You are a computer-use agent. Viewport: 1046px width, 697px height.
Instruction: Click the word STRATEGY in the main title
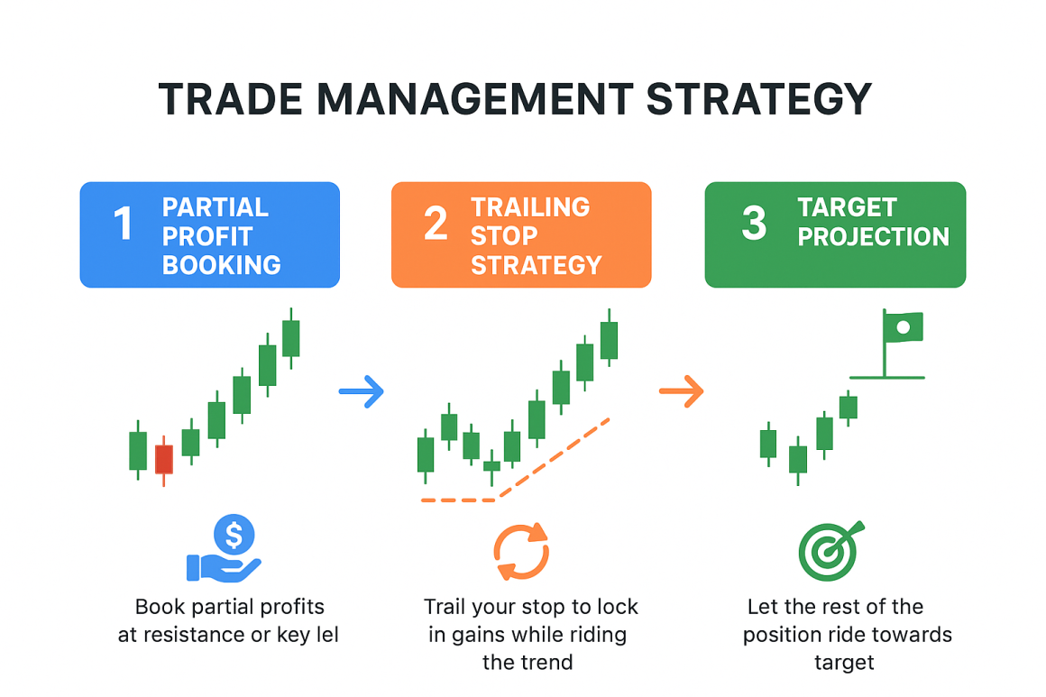[x=759, y=99]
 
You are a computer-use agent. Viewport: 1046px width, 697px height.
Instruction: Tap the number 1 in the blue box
[x=123, y=224]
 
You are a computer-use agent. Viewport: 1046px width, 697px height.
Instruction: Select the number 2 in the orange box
[x=436, y=224]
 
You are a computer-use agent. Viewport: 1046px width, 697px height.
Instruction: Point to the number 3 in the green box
[x=752, y=224]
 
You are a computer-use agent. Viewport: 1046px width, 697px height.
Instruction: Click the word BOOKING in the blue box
[x=221, y=265]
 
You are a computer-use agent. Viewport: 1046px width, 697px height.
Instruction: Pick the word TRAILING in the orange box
[x=530, y=207]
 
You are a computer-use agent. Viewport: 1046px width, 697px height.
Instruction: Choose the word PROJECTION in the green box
[x=873, y=236]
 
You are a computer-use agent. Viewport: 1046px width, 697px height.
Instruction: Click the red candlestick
[x=163, y=459]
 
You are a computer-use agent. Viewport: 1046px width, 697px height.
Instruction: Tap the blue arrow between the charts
[x=362, y=392]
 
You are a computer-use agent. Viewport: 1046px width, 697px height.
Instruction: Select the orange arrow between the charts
[x=682, y=391]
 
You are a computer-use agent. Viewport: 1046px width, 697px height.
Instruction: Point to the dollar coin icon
[x=234, y=536]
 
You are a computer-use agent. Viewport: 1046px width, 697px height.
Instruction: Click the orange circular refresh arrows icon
[x=521, y=550]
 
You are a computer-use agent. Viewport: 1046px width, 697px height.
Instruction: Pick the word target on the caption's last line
[x=844, y=663]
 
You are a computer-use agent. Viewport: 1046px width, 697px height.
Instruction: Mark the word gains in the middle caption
[x=483, y=635]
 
